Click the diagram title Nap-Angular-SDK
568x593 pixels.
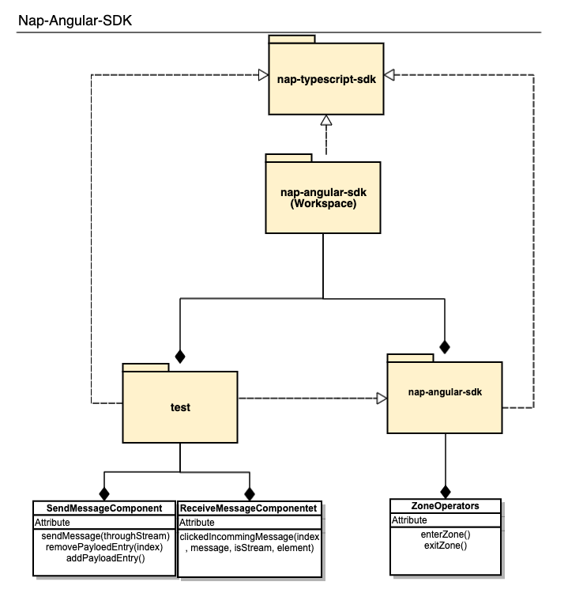coord(75,20)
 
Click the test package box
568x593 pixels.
coord(180,406)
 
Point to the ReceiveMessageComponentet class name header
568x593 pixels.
coord(249,508)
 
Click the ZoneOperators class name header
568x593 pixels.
coord(446,506)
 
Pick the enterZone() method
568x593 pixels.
coord(446,534)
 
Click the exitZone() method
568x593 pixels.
coord(446,546)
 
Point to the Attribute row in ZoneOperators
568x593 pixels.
coord(410,520)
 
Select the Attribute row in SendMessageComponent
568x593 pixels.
coord(52,523)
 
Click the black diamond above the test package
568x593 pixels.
coord(180,356)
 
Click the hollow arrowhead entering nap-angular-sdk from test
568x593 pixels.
coord(381,398)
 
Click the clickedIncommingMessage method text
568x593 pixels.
coord(249,542)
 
